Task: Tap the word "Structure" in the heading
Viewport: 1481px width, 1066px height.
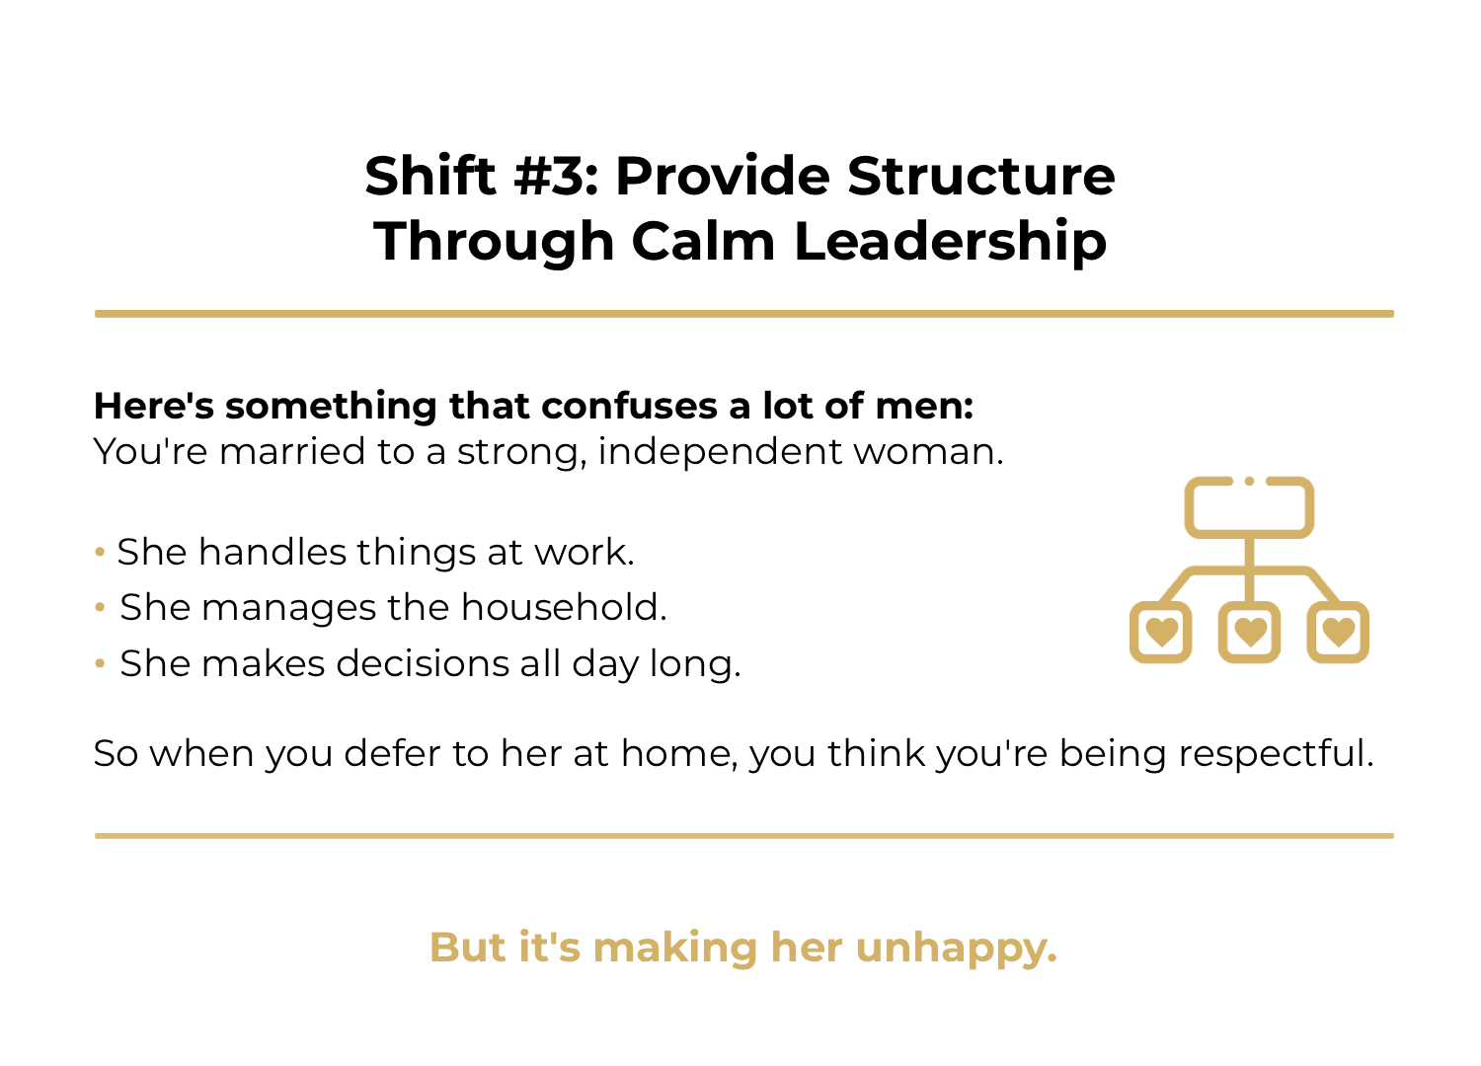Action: click(x=981, y=177)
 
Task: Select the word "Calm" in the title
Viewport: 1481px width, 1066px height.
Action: click(x=702, y=242)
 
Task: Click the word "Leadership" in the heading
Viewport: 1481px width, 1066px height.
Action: click(x=950, y=242)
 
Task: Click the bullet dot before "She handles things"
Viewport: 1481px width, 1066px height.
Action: click(x=100, y=552)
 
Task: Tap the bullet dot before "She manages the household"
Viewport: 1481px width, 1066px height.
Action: click(x=100, y=607)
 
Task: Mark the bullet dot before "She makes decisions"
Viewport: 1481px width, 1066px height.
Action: click(x=100, y=663)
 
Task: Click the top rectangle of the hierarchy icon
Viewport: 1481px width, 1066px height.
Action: click(x=1249, y=507)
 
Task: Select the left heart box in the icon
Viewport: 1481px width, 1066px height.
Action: click(x=1161, y=632)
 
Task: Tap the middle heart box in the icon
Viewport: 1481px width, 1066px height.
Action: click(x=1250, y=632)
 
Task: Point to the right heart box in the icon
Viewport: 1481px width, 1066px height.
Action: click(x=1338, y=632)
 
